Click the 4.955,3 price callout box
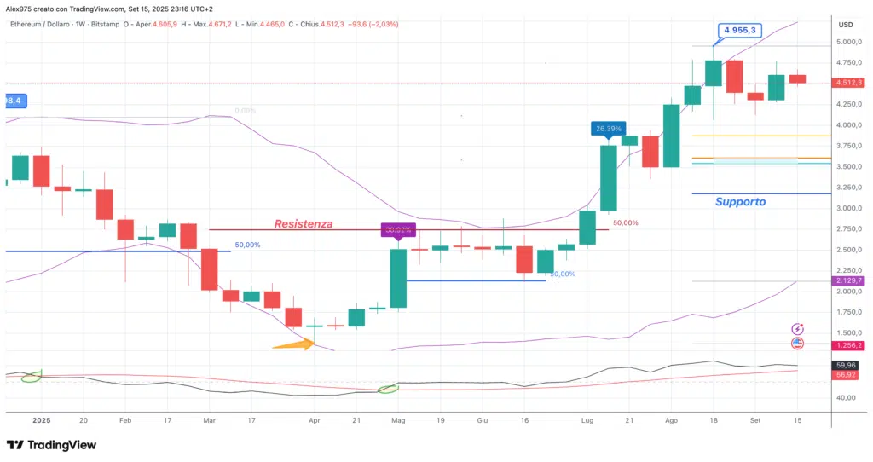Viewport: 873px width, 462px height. [x=739, y=31]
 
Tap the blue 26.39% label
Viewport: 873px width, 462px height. [x=608, y=129]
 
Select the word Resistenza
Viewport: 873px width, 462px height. [x=303, y=224]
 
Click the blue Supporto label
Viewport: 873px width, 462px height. [x=740, y=202]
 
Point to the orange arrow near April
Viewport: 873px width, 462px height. [x=292, y=344]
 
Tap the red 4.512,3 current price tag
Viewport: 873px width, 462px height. [x=848, y=83]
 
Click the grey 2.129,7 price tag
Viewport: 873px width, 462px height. [x=848, y=280]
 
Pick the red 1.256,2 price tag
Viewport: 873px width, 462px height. [x=848, y=345]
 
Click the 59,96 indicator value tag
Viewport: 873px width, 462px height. [x=848, y=365]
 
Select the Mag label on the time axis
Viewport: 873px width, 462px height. [x=398, y=420]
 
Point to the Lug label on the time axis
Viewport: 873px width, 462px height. [x=587, y=420]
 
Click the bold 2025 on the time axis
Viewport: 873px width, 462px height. [x=42, y=420]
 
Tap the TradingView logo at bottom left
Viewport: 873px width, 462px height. [x=51, y=445]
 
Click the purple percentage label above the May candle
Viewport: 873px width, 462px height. [x=398, y=229]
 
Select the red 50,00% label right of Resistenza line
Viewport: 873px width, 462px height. [x=625, y=223]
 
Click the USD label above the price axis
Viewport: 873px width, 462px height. [x=846, y=24]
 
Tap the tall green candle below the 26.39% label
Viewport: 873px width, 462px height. [x=608, y=178]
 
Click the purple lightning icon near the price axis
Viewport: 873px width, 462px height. [x=798, y=329]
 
